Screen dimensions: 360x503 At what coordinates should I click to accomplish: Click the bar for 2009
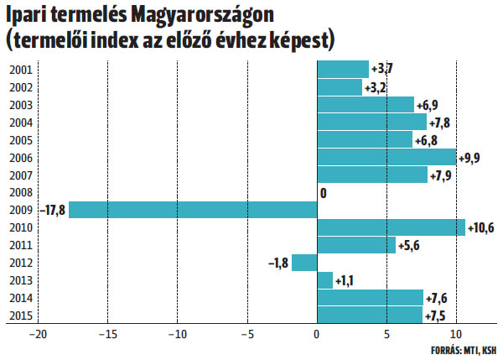(193, 210)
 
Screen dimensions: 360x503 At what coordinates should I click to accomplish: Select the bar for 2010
(391, 227)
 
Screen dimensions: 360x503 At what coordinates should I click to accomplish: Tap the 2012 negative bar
(304, 262)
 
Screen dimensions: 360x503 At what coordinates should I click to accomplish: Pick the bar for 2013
(324, 279)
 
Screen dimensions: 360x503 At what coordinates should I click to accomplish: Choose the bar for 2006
(386, 157)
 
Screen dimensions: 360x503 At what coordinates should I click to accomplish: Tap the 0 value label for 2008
(323, 193)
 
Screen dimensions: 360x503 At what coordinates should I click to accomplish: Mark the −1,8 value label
(278, 263)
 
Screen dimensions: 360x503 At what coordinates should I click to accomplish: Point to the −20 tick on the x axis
(38, 334)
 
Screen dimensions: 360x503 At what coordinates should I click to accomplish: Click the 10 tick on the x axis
(457, 334)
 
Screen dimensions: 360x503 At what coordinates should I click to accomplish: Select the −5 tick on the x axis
(246, 334)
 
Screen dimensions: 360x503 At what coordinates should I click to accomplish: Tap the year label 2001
(22, 70)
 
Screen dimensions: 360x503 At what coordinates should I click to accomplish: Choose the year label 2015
(22, 315)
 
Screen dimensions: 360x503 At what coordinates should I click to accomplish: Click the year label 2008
(22, 192)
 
